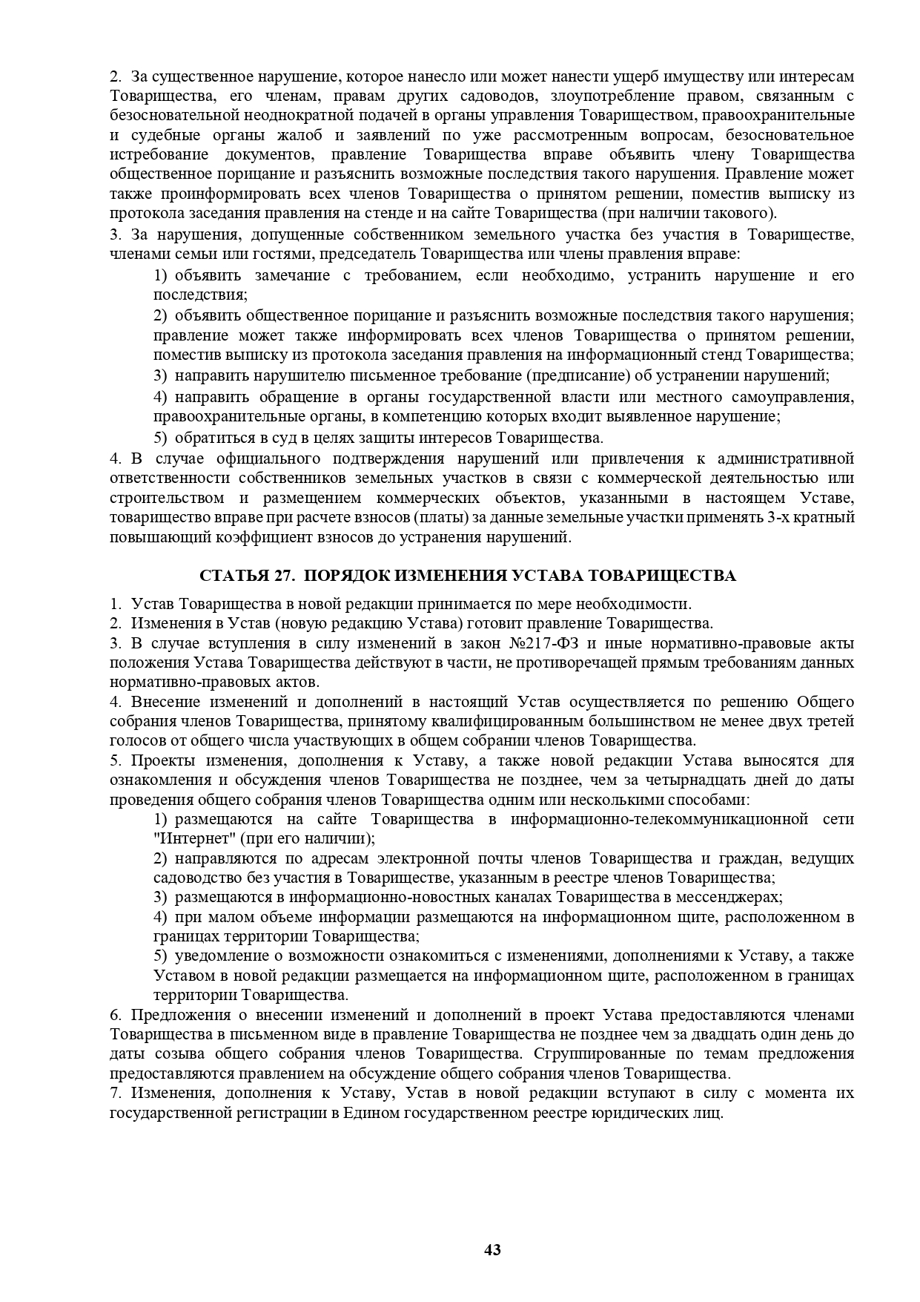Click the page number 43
[x=492, y=1250]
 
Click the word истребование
[x=155, y=155]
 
